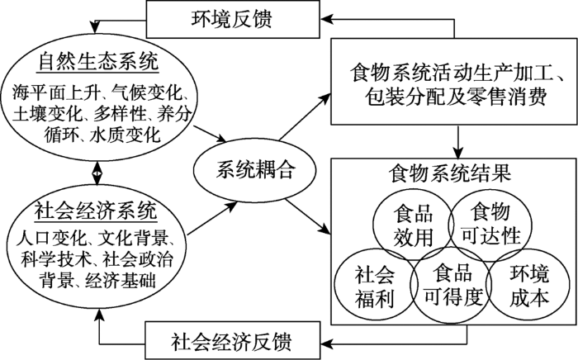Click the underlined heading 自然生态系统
pos(98,62)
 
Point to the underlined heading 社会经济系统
pos(96,211)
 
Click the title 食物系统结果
pos(451,173)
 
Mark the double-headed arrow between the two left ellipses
pos(97,172)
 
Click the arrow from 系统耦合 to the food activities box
pos(305,116)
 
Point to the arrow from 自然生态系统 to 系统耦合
pos(210,134)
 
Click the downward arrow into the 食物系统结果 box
pos(457,142)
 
